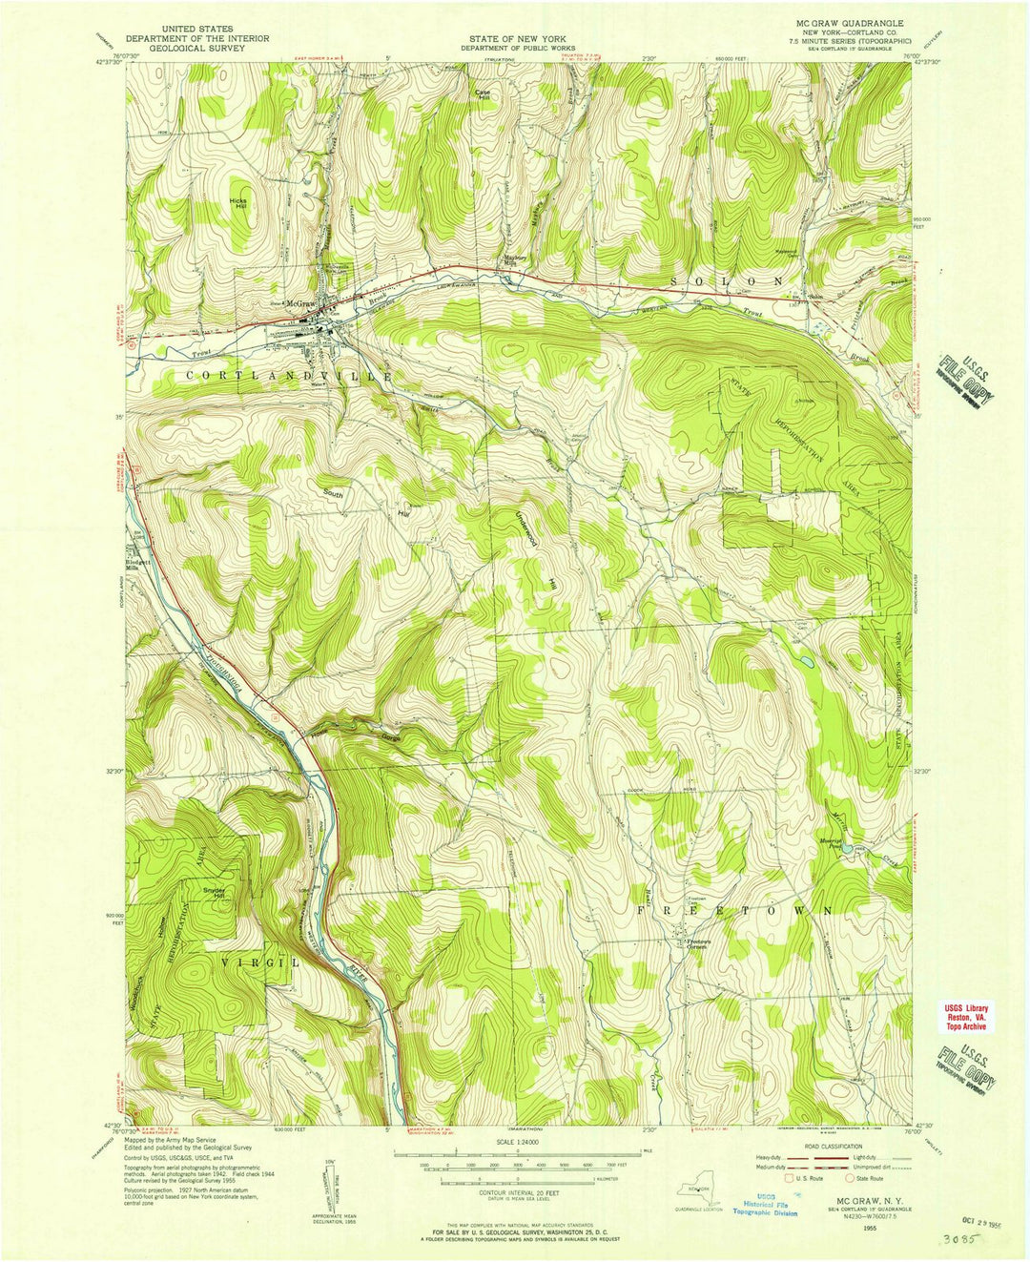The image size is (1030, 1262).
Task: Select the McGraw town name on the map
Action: click(x=300, y=303)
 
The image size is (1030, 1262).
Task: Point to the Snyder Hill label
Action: click(x=214, y=893)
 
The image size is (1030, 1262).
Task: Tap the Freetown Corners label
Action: click(x=704, y=943)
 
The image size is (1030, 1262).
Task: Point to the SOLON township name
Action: click(x=727, y=281)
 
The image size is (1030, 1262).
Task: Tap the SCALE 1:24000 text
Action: click(x=515, y=1142)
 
